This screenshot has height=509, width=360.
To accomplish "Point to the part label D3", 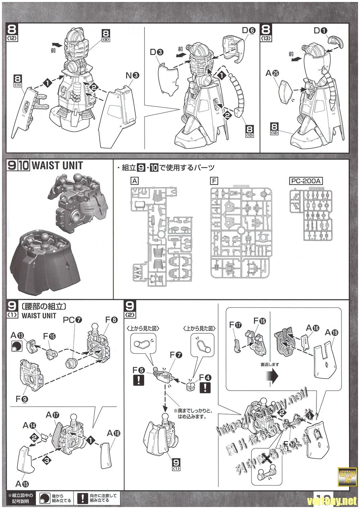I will coord(157,52).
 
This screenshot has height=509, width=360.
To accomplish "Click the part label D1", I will coord(320,30).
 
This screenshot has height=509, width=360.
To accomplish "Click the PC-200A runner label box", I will coord(305,181).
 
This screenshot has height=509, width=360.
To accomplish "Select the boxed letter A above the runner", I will coord(134,181).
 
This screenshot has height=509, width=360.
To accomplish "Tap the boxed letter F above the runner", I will coord(214,181).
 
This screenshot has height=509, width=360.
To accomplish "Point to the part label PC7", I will coord(72,320).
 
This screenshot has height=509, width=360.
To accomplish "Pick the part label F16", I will coord(260,321).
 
